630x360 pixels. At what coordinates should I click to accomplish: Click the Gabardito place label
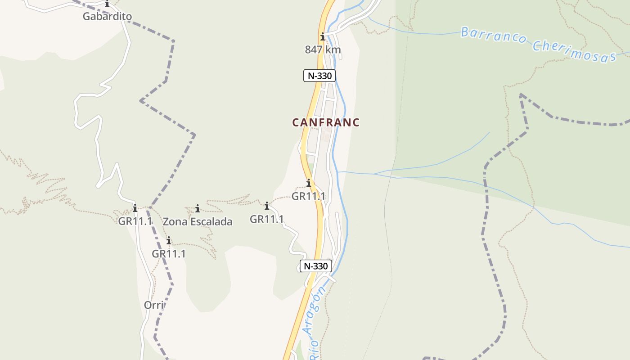point(107,17)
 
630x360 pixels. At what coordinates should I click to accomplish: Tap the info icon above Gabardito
point(107,4)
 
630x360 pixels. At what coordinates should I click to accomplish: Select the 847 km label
point(323,49)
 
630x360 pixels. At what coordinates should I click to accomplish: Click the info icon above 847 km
point(323,37)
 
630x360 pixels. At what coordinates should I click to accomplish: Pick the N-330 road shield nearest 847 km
point(319,76)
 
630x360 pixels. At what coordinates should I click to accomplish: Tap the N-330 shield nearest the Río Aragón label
point(316,266)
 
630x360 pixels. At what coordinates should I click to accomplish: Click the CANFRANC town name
point(326,122)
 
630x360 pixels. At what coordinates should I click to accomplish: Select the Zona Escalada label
point(198,221)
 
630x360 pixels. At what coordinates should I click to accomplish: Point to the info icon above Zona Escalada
point(198,208)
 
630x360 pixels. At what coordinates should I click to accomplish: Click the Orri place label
point(153,305)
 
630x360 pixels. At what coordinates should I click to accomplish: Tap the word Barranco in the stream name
point(493,36)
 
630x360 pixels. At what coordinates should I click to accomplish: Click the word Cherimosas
point(574,52)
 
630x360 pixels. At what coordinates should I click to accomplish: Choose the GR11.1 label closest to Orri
point(169,253)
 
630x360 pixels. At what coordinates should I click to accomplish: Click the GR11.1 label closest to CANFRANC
point(309,196)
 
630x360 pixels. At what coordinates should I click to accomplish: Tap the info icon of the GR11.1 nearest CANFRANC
point(309,183)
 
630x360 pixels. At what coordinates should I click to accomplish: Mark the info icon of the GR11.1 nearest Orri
point(169,241)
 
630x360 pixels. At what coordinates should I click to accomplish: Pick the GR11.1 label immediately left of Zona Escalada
point(135,221)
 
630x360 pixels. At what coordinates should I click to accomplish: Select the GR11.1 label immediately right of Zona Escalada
point(267,219)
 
